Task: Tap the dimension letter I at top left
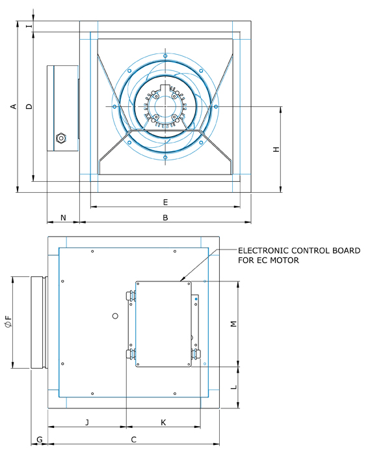pyautogui.click(x=27, y=26)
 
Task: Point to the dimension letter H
pyautogui.click(x=276, y=150)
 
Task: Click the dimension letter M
pyautogui.click(x=233, y=324)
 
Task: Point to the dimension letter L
pyautogui.click(x=233, y=388)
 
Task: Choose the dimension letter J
pyautogui.click(x=87, y=423)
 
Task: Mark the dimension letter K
pyautogui.click(x=163, y=423)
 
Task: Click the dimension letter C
pyautogui.click(x=133, y=440)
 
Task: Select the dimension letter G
pyautogui.click(x=39, y=440)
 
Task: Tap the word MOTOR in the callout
pyautogui.click(x=286, y=261)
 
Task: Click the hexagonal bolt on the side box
pyautogui.click(x=62, y=137)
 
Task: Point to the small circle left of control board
pyautogui.click(x=115, y=316)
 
